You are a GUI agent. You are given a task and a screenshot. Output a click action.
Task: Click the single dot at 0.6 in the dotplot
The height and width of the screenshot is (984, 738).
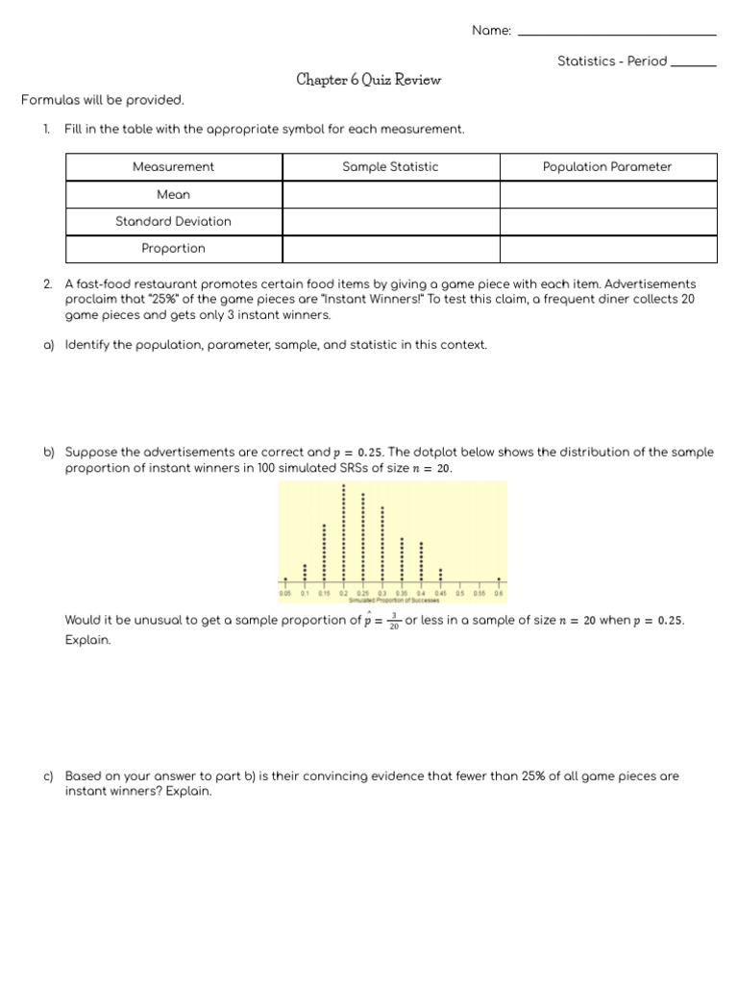pos(499,579)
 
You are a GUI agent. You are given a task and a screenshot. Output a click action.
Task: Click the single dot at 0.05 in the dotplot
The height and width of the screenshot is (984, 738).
pos(285,579)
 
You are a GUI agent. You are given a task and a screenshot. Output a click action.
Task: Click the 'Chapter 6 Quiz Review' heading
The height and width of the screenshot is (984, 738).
pos(369,81)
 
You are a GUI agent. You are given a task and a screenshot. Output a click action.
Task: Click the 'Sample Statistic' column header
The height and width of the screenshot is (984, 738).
pos(390,167)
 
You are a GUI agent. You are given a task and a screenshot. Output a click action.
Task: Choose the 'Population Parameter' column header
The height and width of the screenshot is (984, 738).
pos(607,167)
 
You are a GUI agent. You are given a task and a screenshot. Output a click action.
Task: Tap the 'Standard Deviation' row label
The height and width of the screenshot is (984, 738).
pos(173,221)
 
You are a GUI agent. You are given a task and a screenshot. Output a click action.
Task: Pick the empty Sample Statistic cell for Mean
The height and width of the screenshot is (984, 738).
pos(390,194)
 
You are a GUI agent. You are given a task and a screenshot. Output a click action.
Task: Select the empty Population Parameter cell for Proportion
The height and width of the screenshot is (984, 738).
pos(607,248)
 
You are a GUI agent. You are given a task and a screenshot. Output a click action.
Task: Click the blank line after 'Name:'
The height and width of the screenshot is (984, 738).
pos(616,33)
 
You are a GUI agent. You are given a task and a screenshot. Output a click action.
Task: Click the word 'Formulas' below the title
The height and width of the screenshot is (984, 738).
pos(45,100)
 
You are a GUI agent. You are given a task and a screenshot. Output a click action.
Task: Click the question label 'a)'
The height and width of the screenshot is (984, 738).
pos(48,344)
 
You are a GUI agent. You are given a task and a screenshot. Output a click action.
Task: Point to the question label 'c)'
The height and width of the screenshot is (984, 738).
pos(48,775)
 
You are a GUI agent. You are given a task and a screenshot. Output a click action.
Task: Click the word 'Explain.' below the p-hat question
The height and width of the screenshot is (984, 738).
pos(87,640)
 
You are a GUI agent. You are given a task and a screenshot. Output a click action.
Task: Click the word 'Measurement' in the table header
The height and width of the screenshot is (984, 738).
pos(173,167)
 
